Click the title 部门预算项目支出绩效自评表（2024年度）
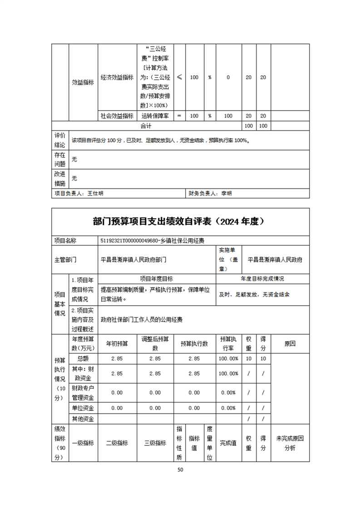180,221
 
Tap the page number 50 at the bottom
180,470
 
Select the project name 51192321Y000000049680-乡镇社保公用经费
155,241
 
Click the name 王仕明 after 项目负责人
96,193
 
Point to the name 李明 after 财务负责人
226,193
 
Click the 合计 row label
146,125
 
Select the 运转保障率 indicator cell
155,116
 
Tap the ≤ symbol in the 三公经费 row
179,77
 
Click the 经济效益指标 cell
117,77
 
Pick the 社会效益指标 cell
117,116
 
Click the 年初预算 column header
117,343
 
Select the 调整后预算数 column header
155,343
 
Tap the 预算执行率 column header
228,343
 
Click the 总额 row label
83,358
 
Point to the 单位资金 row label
83,408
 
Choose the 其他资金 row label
83,419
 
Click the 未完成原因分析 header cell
290,443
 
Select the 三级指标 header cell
155,443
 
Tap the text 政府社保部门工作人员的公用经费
141,320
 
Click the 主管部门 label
65,260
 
